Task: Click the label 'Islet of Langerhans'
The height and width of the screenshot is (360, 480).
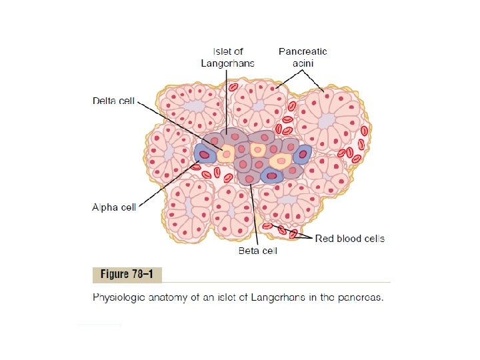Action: (228, 57)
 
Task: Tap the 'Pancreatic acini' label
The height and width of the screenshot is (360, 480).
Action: (303, 57)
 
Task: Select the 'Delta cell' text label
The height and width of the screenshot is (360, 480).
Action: (113, 101)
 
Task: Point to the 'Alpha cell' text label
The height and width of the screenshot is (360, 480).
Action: (113, 207)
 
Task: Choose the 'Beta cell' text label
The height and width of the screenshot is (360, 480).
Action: (257, 251)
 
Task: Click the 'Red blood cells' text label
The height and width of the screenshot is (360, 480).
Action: (349, 238)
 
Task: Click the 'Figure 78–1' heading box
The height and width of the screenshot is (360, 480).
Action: (127, 275)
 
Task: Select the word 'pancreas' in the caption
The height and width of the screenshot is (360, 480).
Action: (363, 298)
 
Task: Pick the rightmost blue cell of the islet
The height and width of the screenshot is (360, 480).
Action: (303, 154)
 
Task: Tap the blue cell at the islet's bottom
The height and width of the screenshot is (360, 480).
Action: (271, 175)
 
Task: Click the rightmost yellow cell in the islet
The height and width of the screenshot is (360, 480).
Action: (281, 160)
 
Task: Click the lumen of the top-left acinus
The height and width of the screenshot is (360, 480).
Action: (196, 105)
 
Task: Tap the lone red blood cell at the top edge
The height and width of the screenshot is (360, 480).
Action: (233, 87)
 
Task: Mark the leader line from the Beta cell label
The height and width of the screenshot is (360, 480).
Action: (254, 213)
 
